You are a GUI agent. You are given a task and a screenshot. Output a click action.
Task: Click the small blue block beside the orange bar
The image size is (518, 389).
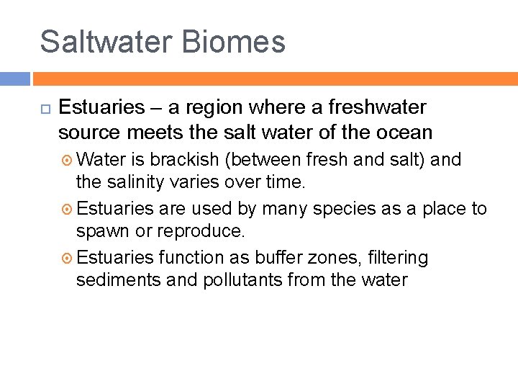click(14, 79)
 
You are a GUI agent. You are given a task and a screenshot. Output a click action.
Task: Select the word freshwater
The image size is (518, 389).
click(377, 108)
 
